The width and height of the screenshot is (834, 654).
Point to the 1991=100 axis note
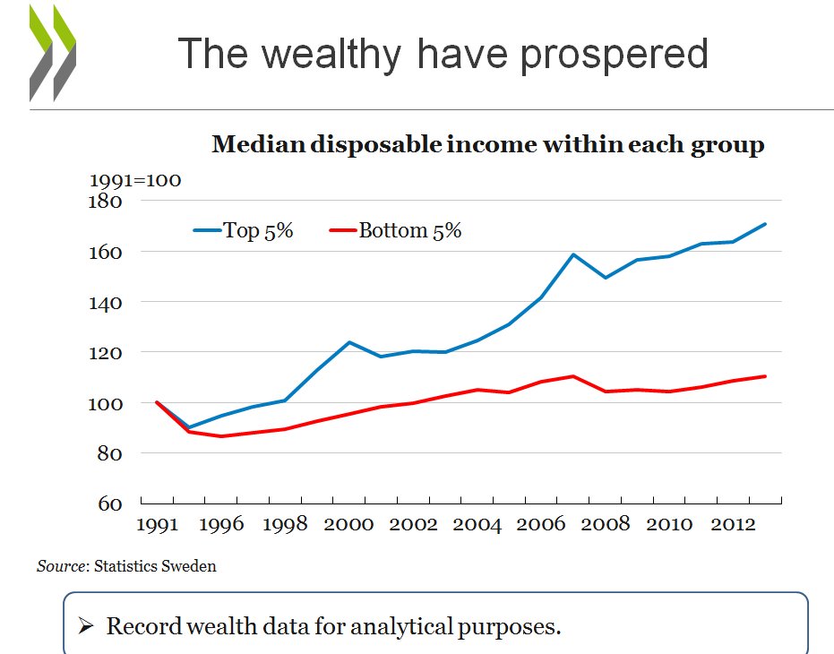(x=135, y=180)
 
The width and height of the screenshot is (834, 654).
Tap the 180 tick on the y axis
(x=106, y=201)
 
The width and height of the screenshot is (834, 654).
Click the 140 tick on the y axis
(x=106, y=303)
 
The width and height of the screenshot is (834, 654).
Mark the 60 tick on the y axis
(x=110, y=503)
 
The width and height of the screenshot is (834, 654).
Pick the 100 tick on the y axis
(x=106, y=403)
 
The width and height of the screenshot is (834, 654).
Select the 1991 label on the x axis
(x=158, y=524)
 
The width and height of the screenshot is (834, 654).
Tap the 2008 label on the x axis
(x=606, y=524)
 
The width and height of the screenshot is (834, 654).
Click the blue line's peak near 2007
(x=573, y=254)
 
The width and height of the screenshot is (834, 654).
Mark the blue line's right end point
(x=766, y=224)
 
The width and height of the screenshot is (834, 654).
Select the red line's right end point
(x=766, y=376)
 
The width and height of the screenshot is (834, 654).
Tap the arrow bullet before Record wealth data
(x=86, y=626)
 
